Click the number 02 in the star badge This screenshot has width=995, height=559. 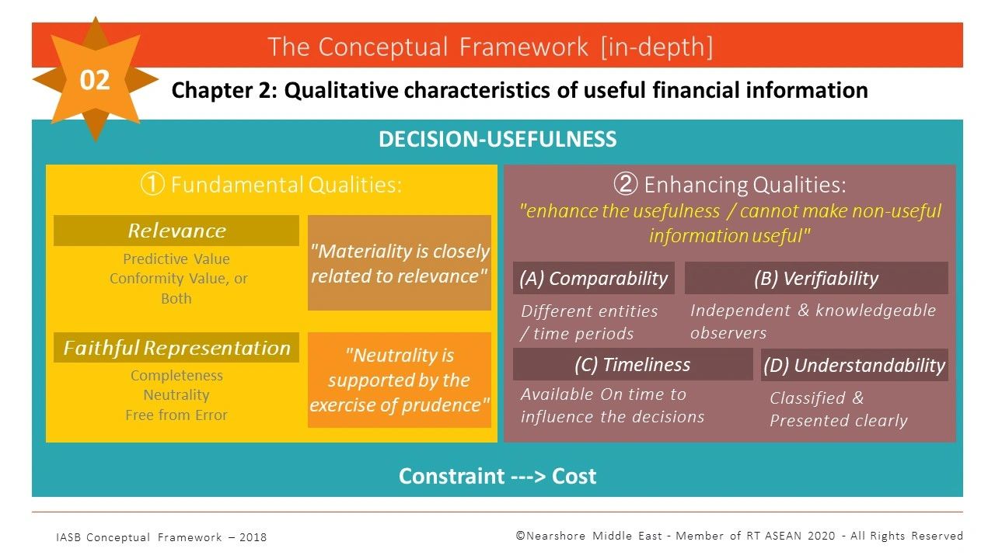coord(95,80)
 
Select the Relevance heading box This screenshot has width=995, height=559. coord(176,231)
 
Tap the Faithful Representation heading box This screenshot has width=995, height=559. coord(176,348)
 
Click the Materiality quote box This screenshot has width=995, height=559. coord(400,263)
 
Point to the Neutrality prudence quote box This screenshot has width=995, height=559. coord(400,380)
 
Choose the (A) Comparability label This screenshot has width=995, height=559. coord(593,279)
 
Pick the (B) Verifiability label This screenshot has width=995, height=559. coord(815,278)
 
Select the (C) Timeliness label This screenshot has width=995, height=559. coord(632,365)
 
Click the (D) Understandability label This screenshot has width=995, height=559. coord(854,366)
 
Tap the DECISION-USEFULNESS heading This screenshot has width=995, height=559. coord(497,140)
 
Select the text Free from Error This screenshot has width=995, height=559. coord(176,415)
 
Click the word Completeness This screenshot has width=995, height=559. coord(176,376)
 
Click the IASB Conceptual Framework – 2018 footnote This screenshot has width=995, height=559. coord(161,537)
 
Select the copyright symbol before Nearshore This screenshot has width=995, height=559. coord(521,536)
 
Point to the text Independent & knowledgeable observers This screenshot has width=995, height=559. coord(812,321)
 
